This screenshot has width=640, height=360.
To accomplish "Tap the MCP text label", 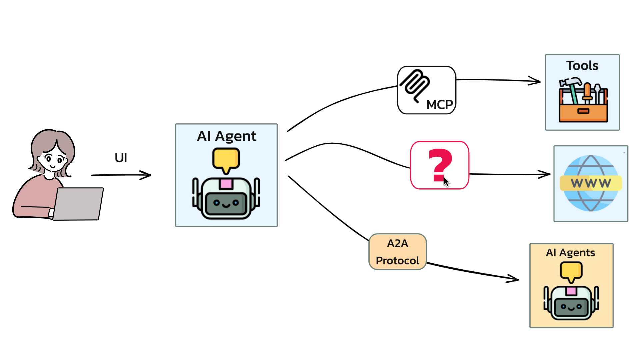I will [x=439, y=105].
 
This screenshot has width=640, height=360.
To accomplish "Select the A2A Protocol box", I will [x=397, y=252].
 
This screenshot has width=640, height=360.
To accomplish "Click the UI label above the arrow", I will [x=121, y=158].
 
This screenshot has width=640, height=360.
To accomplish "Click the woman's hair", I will [x=50, y=140].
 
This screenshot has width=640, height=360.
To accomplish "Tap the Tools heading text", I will [x=582, y=66].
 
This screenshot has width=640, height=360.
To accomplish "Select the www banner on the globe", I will [x=591, y=183].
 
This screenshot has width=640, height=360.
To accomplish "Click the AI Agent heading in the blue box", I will [x=226, y=136].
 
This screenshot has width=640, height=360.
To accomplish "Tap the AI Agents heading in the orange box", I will [x=570, y=253].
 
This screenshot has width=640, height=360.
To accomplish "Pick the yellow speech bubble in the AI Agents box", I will [x=571, y=271].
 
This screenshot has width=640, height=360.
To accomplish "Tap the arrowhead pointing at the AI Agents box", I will [x=515, y=279].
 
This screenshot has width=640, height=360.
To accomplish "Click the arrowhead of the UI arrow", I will [x=148, y=175].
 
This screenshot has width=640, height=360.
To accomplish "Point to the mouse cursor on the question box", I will [x=446, y=182].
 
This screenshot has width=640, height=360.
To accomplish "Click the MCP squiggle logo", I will [x=415, y=85].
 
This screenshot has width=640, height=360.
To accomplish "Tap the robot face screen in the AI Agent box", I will [x=226, y=203].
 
